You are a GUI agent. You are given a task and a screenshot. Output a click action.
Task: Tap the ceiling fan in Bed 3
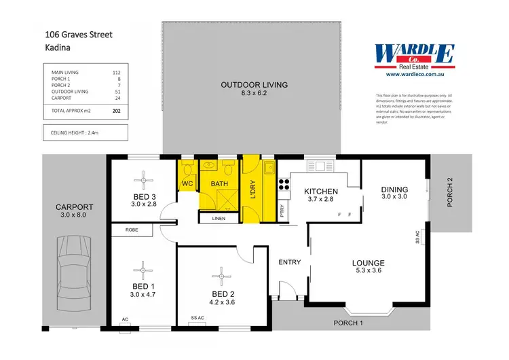pos(144,180)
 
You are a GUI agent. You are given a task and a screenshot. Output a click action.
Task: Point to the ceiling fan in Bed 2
pos(219,275)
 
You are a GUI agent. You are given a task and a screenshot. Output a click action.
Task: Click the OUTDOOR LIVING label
pos(254,85)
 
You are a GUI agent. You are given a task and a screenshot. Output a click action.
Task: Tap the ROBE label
pos(132,230)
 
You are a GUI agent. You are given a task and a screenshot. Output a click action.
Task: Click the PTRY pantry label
pos(283,212)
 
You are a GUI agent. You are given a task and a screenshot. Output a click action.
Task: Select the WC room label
pos(187,183)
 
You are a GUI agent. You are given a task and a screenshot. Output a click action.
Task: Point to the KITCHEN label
pos(321,192)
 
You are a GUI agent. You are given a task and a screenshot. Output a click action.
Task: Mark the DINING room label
pos(394,190)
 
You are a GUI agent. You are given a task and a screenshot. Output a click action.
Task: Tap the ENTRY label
pos(290,262)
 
